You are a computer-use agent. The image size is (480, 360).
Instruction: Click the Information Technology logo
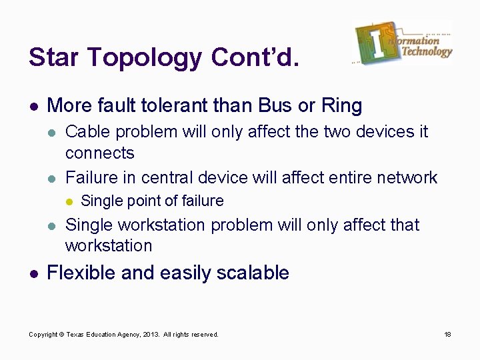coord(403,42)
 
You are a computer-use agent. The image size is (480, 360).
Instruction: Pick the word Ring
coord(341,105)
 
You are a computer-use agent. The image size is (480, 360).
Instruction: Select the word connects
coord(99,153)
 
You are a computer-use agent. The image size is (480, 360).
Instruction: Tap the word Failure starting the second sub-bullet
coord(90,177)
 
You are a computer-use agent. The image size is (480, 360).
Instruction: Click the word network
coord(407,177)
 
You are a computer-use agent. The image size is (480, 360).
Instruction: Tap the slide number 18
coord(448,334)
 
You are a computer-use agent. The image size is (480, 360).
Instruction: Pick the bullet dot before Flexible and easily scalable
coord(33,273)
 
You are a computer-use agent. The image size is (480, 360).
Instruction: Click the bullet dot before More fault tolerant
coord(33,106)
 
